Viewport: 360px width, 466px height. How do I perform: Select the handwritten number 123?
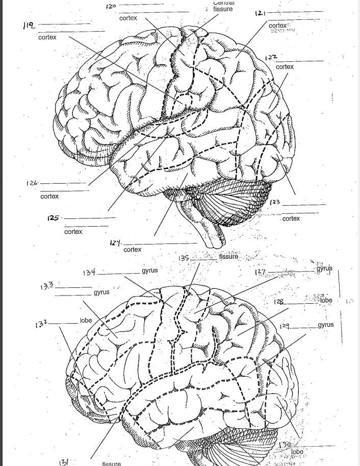pyautogui.click(x=275, y=203)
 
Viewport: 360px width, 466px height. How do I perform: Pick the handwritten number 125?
pyautogui.click(x=52, y=218)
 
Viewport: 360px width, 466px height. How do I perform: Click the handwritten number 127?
pyautogui.click(x=260, y=272)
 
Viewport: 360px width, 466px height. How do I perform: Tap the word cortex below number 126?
pyautogui.click(x=49, y=197)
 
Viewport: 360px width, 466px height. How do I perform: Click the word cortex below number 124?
pyautogui.click(x=133, y=250)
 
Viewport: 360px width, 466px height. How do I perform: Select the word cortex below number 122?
pyautogui.click(x=285, y=67)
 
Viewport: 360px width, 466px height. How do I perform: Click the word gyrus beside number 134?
pyautogui.click(x=150, y=270)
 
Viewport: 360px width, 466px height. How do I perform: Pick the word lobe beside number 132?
pyautogui.click(x=86, y=321)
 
